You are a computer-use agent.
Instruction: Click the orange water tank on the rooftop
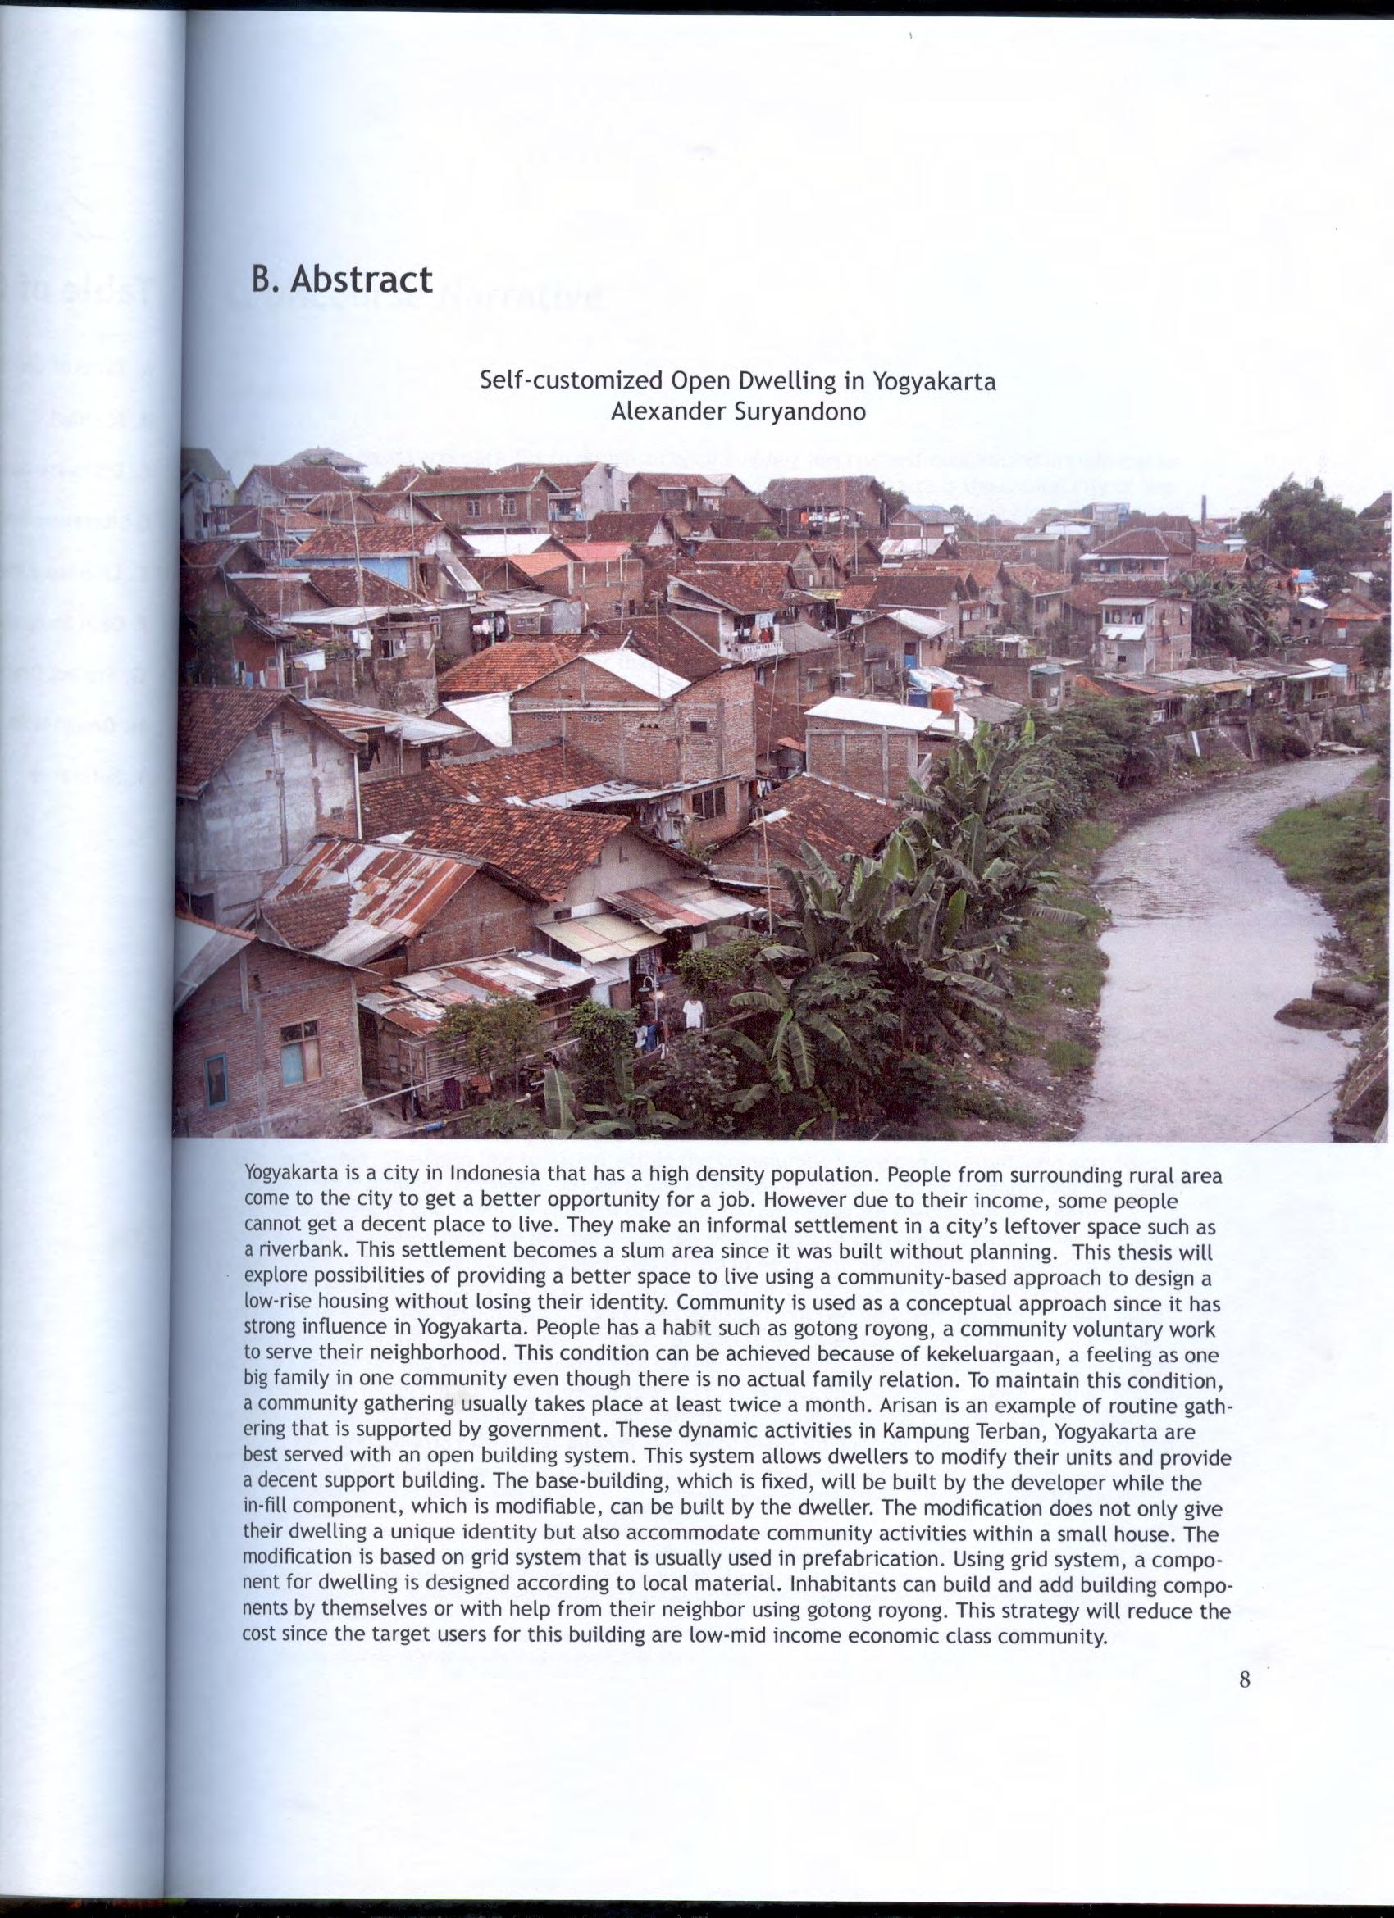point(941,699)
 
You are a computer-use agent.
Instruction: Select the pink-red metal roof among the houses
point(597,551)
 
